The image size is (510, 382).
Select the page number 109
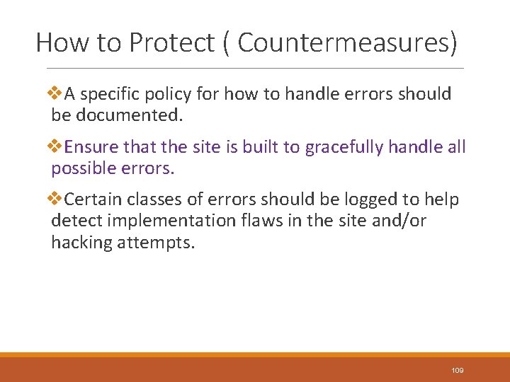pos(457,371)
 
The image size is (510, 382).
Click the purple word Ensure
pos(91,147)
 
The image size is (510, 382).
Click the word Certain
pos(92,200)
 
